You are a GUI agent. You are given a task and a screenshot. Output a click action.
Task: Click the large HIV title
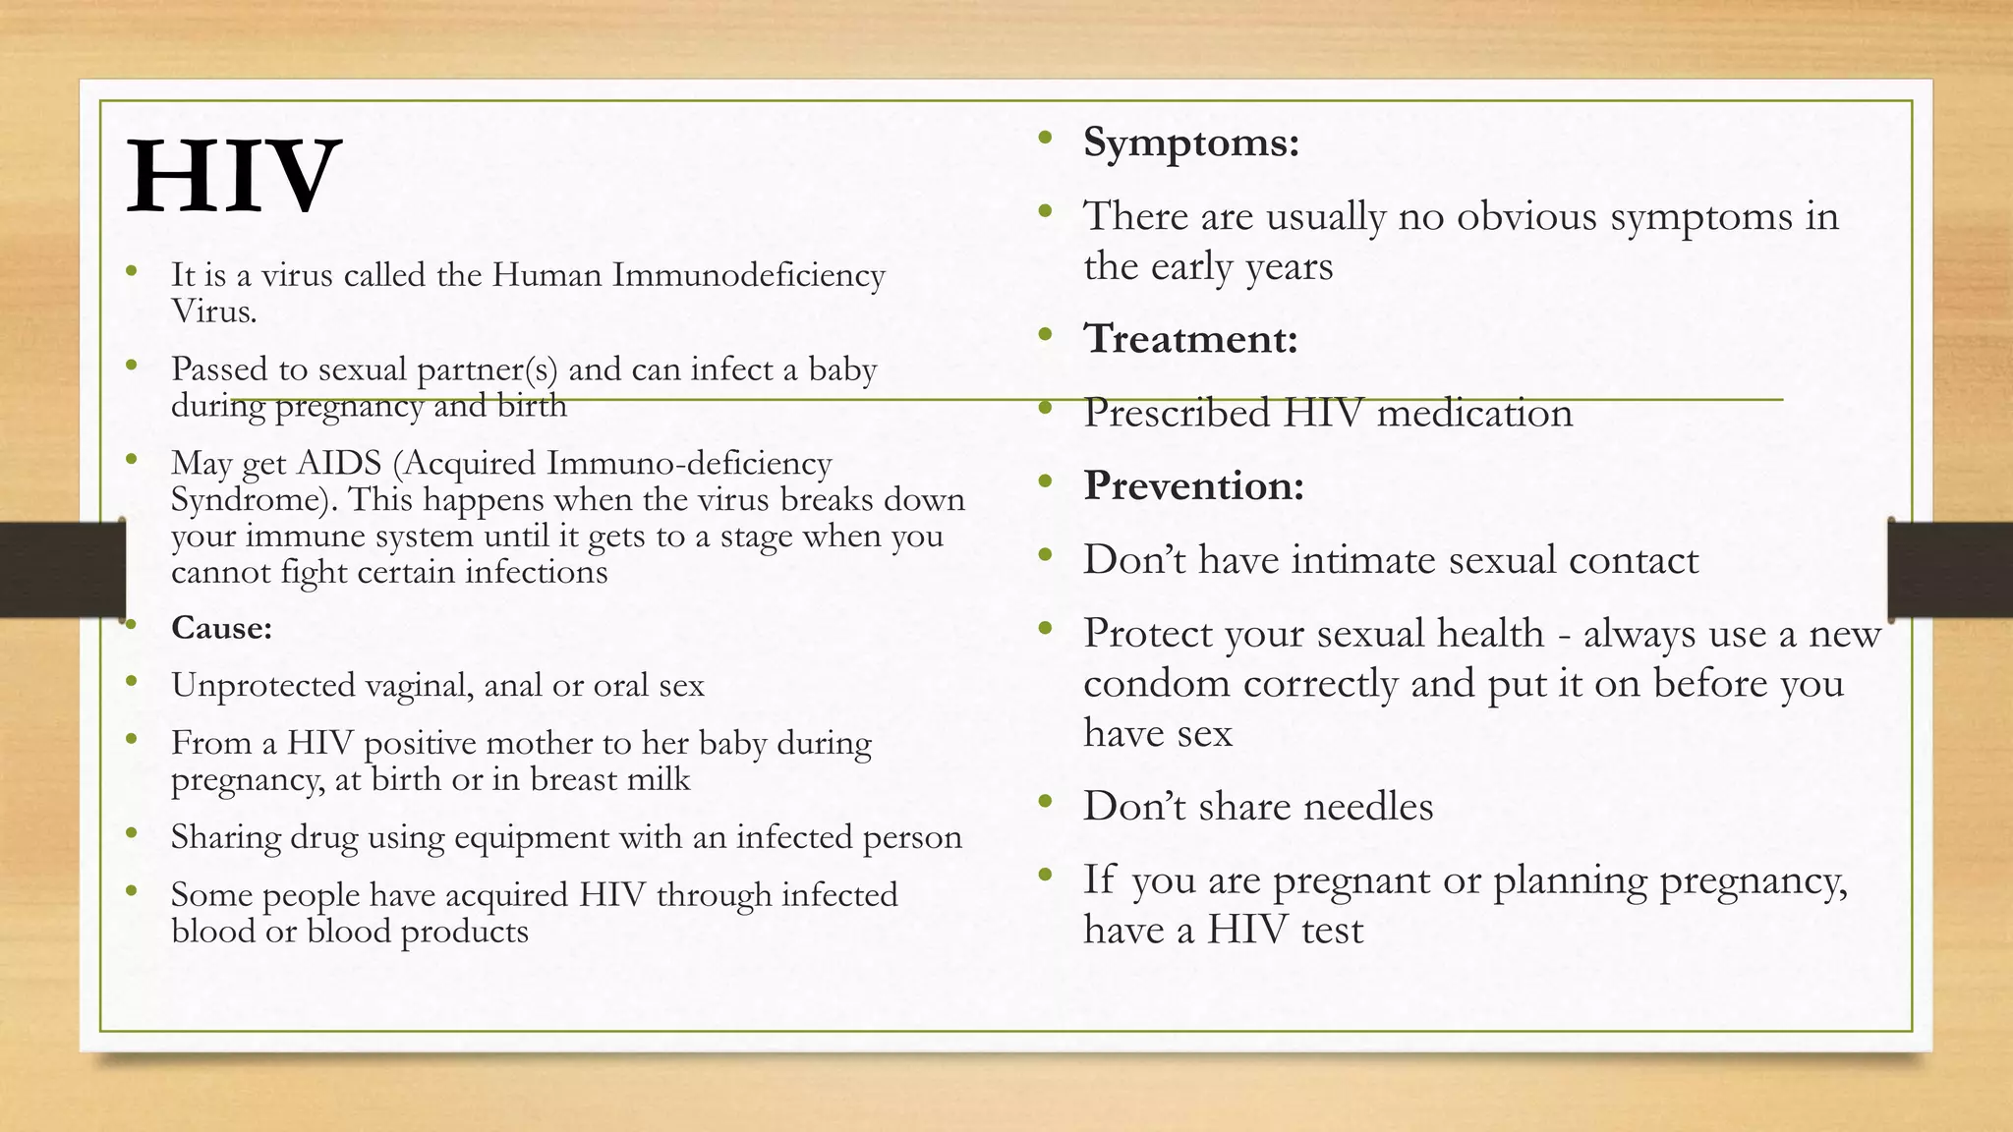pyautogui.click(x=233, y=177)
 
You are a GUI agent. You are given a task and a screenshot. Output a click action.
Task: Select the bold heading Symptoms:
pyautogui.click(x=1191, y=142)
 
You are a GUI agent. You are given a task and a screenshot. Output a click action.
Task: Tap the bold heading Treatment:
pyautogui.click(x=1190, y=339)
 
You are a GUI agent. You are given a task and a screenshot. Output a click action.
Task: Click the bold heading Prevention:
pyautogui.click(x=1193, y=485)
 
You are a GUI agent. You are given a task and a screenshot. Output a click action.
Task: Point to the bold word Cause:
pyautogui.click(x=221, y=628)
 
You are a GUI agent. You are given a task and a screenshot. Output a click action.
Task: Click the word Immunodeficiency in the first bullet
pyautogui.click(x=748, y=275)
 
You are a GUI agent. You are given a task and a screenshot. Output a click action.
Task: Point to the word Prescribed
pyautogui.click(x=1177, y=413)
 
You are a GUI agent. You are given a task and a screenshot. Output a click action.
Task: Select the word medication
pyautogui.click(x=1474, y=413)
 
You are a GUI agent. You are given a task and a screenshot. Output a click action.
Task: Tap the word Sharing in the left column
pyautogui.click(x=225, y=837)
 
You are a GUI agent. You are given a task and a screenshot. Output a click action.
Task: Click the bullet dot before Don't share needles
pyautogui.click(x=1045, y=802)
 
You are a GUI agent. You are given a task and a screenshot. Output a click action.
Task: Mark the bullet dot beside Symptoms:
pyautogui.click(x=1045, y=138)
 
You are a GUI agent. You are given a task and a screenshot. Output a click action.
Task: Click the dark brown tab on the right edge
pyautogui.click(x=1950, y=569)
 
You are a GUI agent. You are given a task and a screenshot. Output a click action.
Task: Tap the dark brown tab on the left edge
pyautogui.click(x=62, y=569)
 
